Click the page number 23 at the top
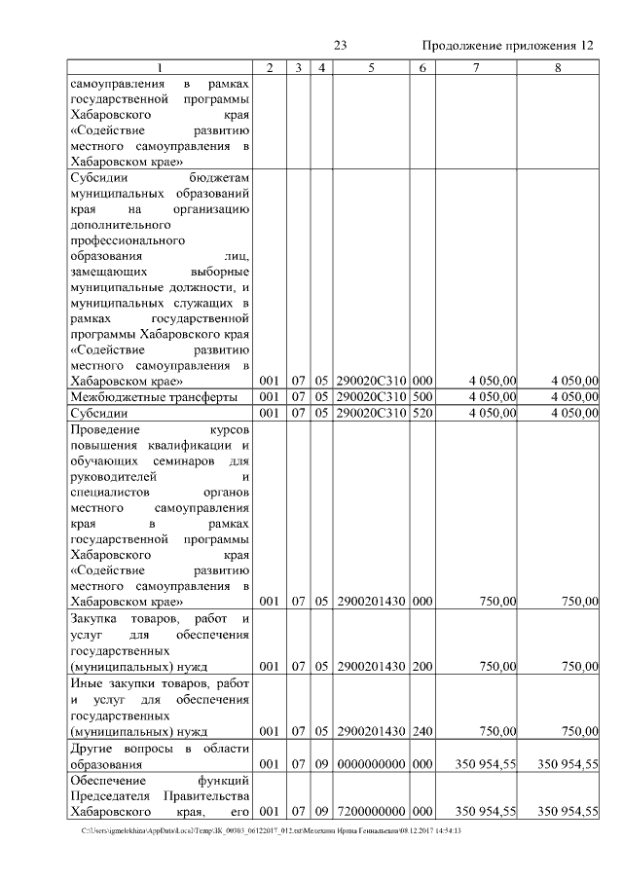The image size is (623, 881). (x=341, y=46)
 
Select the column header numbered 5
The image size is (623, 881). (x=371, y=67)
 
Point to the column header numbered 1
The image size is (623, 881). (x=162, y=67)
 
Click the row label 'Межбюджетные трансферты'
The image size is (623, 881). (x=154, y=397)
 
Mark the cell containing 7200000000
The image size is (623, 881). (x=371, y=812)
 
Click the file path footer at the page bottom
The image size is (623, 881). (x=272, y=830)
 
